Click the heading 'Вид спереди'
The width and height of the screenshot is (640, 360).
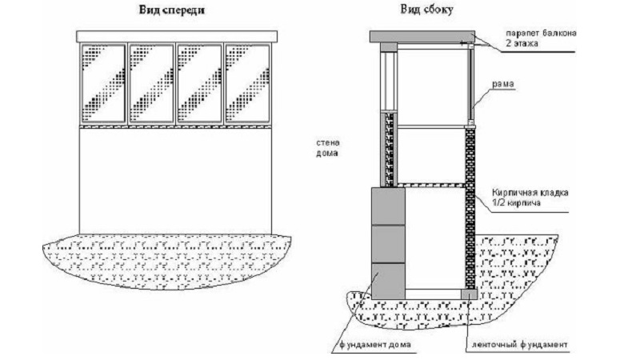pos(164,12)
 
